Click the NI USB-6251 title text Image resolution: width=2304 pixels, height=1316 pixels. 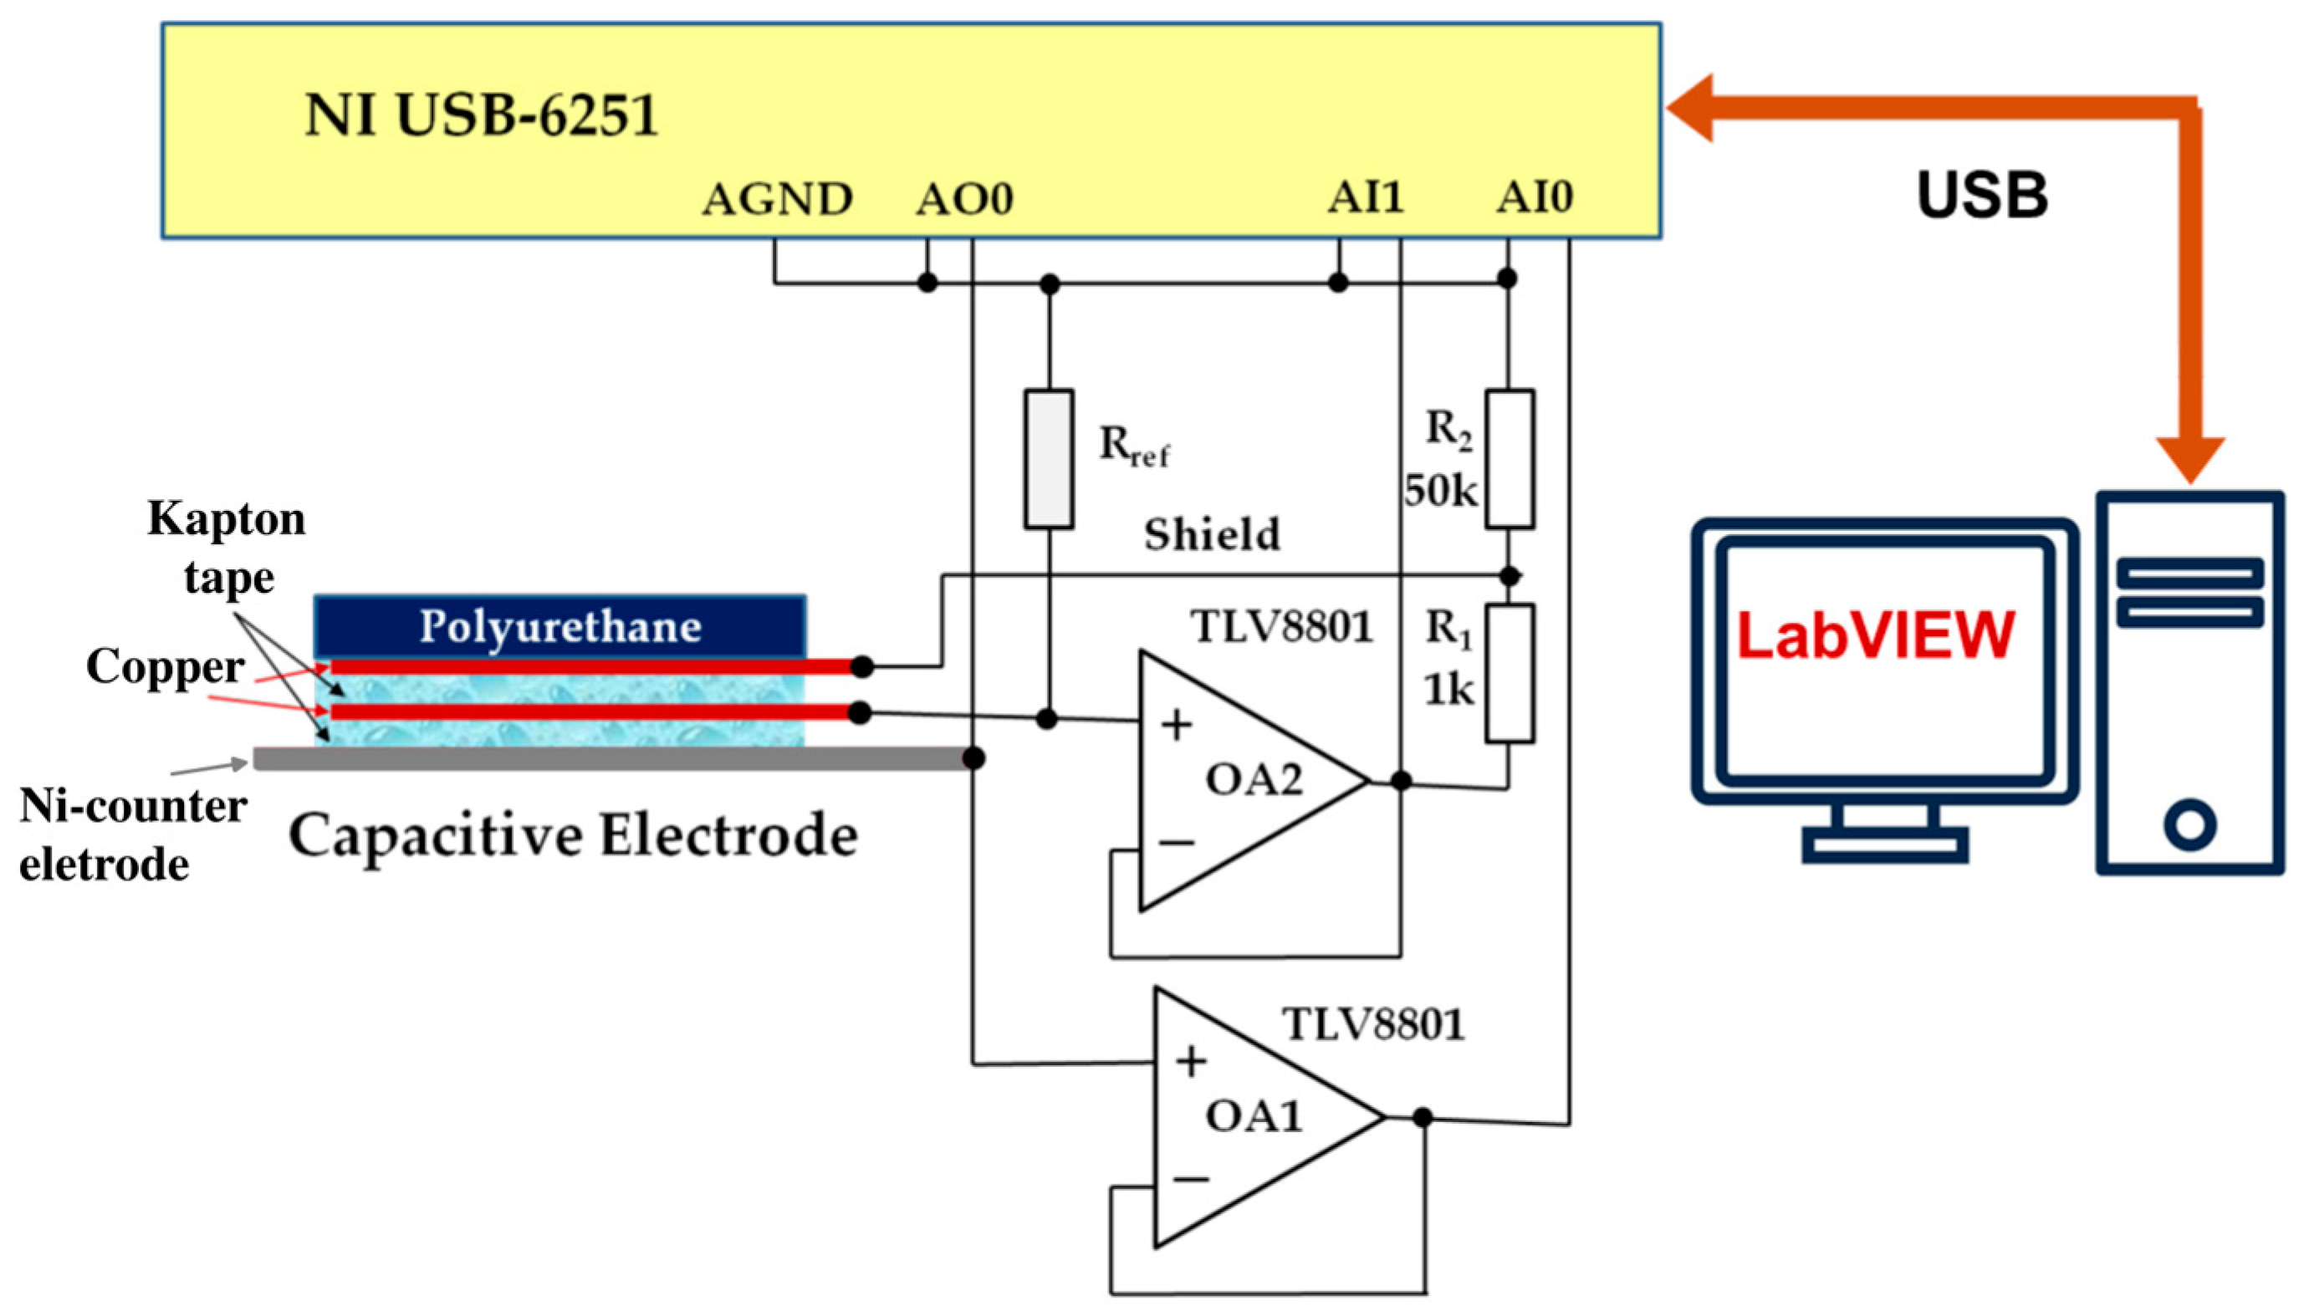[x=481, y=115]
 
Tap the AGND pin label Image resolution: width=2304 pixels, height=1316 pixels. [x=778, y=199]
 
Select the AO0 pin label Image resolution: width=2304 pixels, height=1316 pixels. [x=964, y=199]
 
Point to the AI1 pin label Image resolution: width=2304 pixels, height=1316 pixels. [x=1365, y=197]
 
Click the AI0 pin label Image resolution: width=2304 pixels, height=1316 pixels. [x=1535, y=197]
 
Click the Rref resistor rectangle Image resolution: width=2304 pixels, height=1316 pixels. [x=1049, y=459]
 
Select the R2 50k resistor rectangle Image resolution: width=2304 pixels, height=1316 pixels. [x=1510, y=459]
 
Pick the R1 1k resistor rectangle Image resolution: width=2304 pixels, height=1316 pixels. [x=1510, y=674]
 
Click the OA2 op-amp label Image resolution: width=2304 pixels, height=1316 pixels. [x=1254, y=779]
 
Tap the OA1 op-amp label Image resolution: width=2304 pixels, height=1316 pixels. [x=1254, y=1117]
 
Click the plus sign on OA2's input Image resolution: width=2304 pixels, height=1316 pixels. [x=1176, y=725]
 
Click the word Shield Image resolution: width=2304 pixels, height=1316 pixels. [x=1212, y=534]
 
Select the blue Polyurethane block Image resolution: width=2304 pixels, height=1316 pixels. [x=559, y=625]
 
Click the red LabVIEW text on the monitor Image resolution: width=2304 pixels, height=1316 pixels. [x=1876, y=635]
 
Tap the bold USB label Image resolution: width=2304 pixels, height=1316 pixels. [x=1982, y=196]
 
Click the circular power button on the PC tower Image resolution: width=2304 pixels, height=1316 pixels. [x=2189, y=824]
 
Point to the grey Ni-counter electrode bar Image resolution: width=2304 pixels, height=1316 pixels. [x=611, y=758]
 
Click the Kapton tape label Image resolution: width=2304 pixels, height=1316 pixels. [x=227, y=548]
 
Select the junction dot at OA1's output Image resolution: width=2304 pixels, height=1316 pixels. [x=1422, y=1118]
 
